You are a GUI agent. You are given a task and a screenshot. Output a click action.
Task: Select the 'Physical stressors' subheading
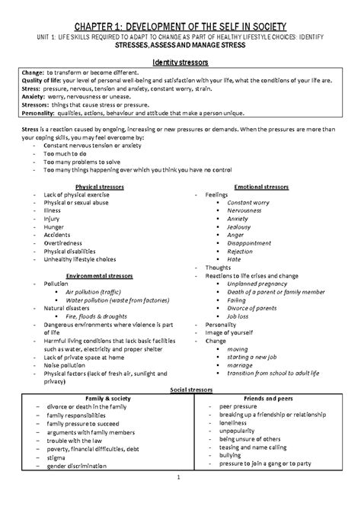pos(95,186)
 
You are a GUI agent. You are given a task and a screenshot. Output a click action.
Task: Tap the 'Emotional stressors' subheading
pos(261,186)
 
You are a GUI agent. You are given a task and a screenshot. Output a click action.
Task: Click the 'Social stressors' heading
pos(180,389)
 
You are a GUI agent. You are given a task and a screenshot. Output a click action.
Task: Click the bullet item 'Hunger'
pos(54,227)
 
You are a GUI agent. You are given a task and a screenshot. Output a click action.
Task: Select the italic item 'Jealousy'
pos(238,227)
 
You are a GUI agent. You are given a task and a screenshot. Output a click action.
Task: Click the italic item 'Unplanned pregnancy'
pos(257,282)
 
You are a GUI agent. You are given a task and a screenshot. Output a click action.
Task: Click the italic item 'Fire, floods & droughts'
pos(97,316)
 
